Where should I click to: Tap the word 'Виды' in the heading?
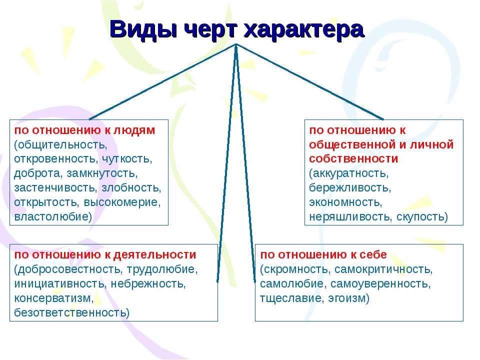click(x=143, y=29)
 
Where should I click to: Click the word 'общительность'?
click(x=60, y=144)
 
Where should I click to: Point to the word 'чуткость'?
click(x=126, y=159)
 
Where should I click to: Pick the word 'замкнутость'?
click(x=102, y=173)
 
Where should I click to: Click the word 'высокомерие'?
click(x=122, y=202)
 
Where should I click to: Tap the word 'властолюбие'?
click(x=53, y=216)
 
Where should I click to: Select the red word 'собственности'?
click(x=353, y=159)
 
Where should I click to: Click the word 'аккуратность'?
click(x=348, y=173)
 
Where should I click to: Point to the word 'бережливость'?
click(x=350, y=187)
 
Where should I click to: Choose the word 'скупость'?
click(x=422, y=216)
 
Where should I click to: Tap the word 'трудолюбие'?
click(x=162, y=269)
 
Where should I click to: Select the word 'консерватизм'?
click(x=54, y=298)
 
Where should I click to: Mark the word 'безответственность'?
click(x=71, y=312)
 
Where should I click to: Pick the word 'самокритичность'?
click(x=383, y=269)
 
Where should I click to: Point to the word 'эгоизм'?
click(x=348, y=298)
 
